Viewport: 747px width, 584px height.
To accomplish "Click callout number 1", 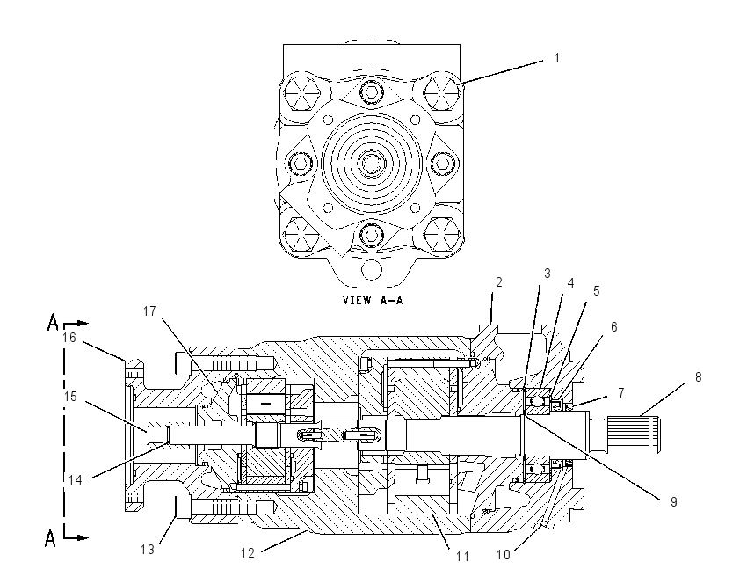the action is [556, 58].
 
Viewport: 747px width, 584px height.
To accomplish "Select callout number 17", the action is [149, 311].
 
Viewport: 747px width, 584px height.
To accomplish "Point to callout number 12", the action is [248, 553].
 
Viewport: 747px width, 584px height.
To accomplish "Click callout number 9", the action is [674, 502].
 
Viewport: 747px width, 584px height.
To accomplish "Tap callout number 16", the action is [69, 338].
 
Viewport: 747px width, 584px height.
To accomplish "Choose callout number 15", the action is [70, 397].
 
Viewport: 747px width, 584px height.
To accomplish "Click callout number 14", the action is [76, 480].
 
